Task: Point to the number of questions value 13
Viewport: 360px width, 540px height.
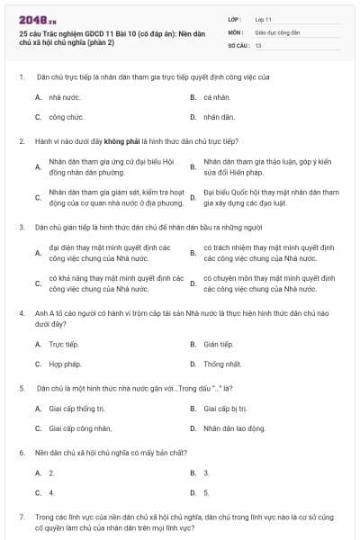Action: (x=258, y=44)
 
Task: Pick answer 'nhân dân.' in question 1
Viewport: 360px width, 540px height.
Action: (x=217, y=117)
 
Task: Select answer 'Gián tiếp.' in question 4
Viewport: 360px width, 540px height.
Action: (x=219, y=344)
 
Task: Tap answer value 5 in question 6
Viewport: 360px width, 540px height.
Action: (x=206, y=492)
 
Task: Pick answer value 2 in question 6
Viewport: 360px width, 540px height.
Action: (x=51, y=472)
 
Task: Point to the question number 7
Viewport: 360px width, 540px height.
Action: (x=21, y=517)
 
